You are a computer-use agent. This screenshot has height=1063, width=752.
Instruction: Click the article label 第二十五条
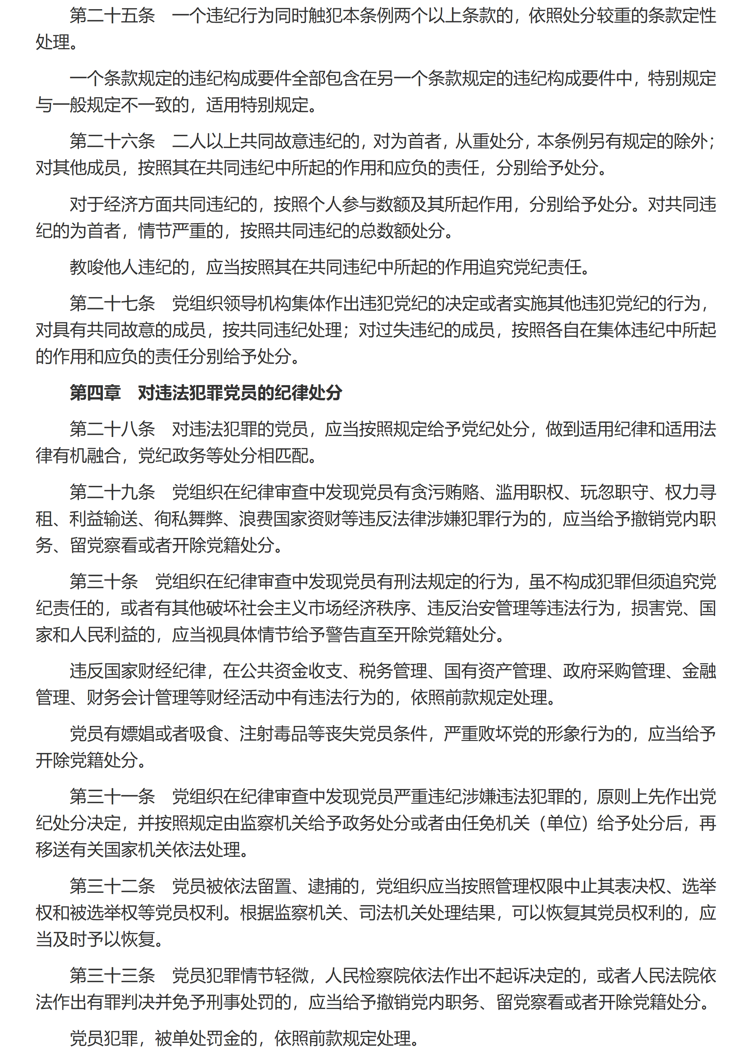pos(112,16)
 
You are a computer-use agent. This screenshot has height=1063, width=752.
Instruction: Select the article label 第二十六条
pos(112,141)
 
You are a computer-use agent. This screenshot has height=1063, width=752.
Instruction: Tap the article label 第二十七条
pos(112,303)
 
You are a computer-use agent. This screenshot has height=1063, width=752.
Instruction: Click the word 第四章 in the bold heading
pos(95,393)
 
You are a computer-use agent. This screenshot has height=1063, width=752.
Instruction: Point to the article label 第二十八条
pos(112,429)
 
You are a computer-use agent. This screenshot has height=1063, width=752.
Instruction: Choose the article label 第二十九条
pos(112,492)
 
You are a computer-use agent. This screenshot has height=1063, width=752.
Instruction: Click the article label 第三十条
pos(104,582)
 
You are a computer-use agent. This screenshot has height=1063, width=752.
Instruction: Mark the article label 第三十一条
pos(112,796)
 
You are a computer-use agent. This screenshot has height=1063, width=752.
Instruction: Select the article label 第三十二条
pos(112,886)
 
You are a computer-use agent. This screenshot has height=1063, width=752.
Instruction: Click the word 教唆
pos(87,267)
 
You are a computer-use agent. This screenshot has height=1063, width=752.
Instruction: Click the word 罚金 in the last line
pos(239,1038)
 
